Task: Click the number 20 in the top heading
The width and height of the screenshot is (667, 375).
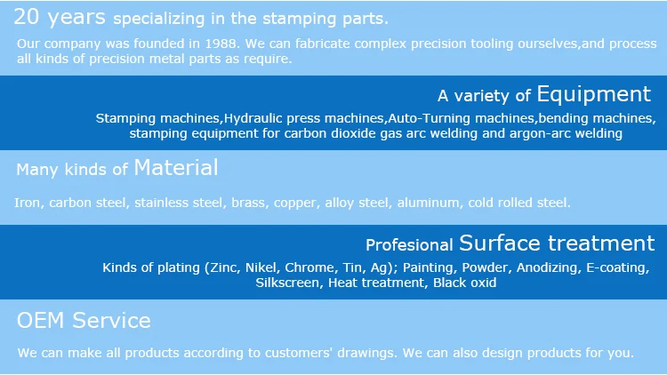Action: (x=27, y=17)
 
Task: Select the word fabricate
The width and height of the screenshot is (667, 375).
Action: (x=323, y=44)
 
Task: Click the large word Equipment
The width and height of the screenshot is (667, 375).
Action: (x=594, y=94)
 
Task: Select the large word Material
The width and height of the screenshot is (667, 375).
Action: (x=176, y=168)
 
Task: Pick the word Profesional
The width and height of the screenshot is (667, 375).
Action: (x=409, y=245)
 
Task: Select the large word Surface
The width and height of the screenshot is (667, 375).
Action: (x=500, y=243)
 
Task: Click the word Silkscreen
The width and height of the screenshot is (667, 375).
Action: (x=287, y=283)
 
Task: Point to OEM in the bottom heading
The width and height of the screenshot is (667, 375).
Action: (x=41, y=321)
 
